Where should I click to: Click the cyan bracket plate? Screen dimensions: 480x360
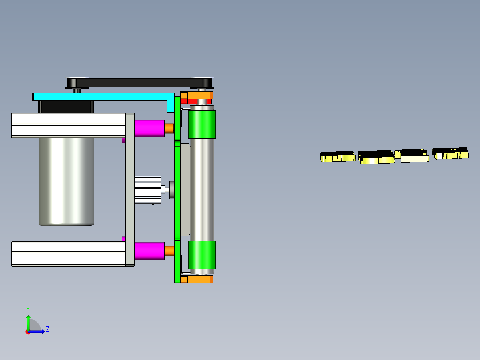(101, 97)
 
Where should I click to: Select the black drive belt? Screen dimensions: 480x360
(139, 83)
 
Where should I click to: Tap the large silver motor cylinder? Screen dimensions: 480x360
(66, 182)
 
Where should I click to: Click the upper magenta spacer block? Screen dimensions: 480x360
(150, 128)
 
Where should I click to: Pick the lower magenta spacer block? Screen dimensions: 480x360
(150, 251)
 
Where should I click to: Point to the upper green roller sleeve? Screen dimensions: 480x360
(202, 124)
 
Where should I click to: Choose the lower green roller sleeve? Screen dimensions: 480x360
(202, 255)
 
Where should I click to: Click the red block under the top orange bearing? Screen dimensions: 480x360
(196, 102)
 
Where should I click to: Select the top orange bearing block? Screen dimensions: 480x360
(197, 95)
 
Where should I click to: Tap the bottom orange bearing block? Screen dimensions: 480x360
(197, 279)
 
